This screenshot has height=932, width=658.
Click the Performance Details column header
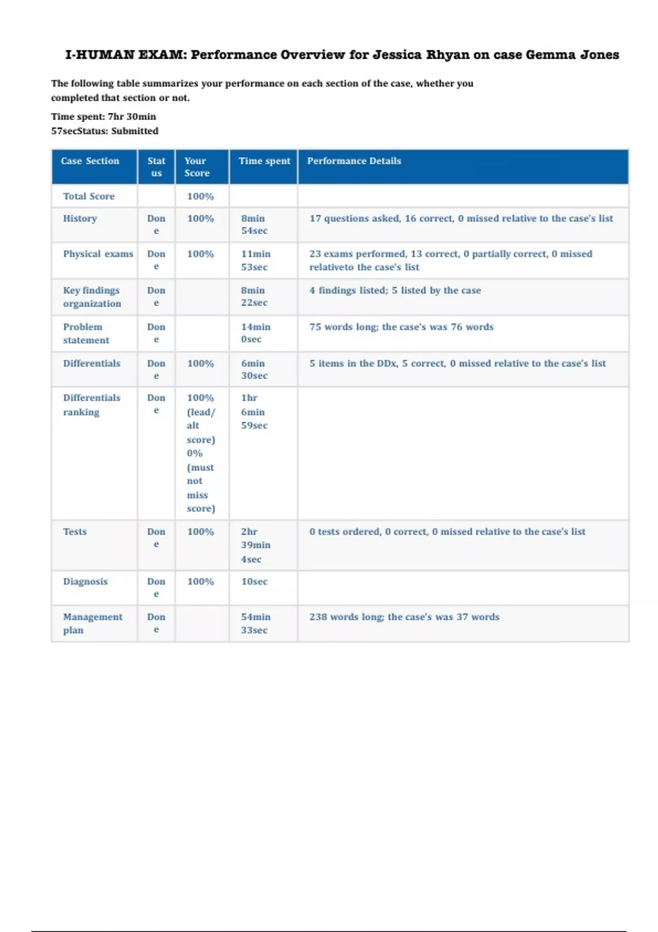[354, 161]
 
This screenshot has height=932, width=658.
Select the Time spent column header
[264, 161]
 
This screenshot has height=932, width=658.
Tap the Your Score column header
[197, 167]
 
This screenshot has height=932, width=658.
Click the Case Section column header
[90, 161]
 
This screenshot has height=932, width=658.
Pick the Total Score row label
[89, 196]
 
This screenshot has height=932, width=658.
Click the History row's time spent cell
[254, 224]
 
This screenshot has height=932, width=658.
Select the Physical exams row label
[98, 254]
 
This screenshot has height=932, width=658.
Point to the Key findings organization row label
[92, 297]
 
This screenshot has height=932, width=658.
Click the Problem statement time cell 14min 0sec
[256, 333]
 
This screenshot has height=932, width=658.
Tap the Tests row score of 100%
[200, 532]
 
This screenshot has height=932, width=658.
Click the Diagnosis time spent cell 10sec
[254, 582]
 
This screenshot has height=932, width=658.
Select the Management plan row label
[92, 623]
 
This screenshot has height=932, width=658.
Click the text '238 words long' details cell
[404, 617]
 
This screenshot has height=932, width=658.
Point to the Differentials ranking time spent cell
[254, 411]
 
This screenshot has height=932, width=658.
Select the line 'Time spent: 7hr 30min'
[104, 117]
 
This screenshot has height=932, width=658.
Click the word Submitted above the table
[135, 131]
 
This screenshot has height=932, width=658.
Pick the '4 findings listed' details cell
[395, 291]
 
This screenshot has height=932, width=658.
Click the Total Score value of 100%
[200, 196]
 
